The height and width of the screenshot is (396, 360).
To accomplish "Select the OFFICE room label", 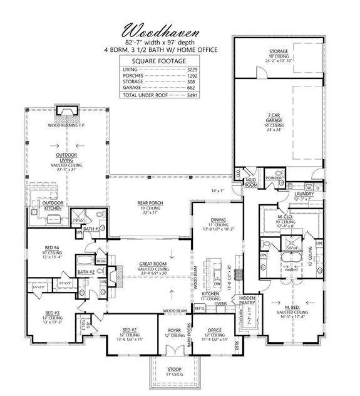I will [x=215, y=328].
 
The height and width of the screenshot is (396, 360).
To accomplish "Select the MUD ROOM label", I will [x=250, y=184].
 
